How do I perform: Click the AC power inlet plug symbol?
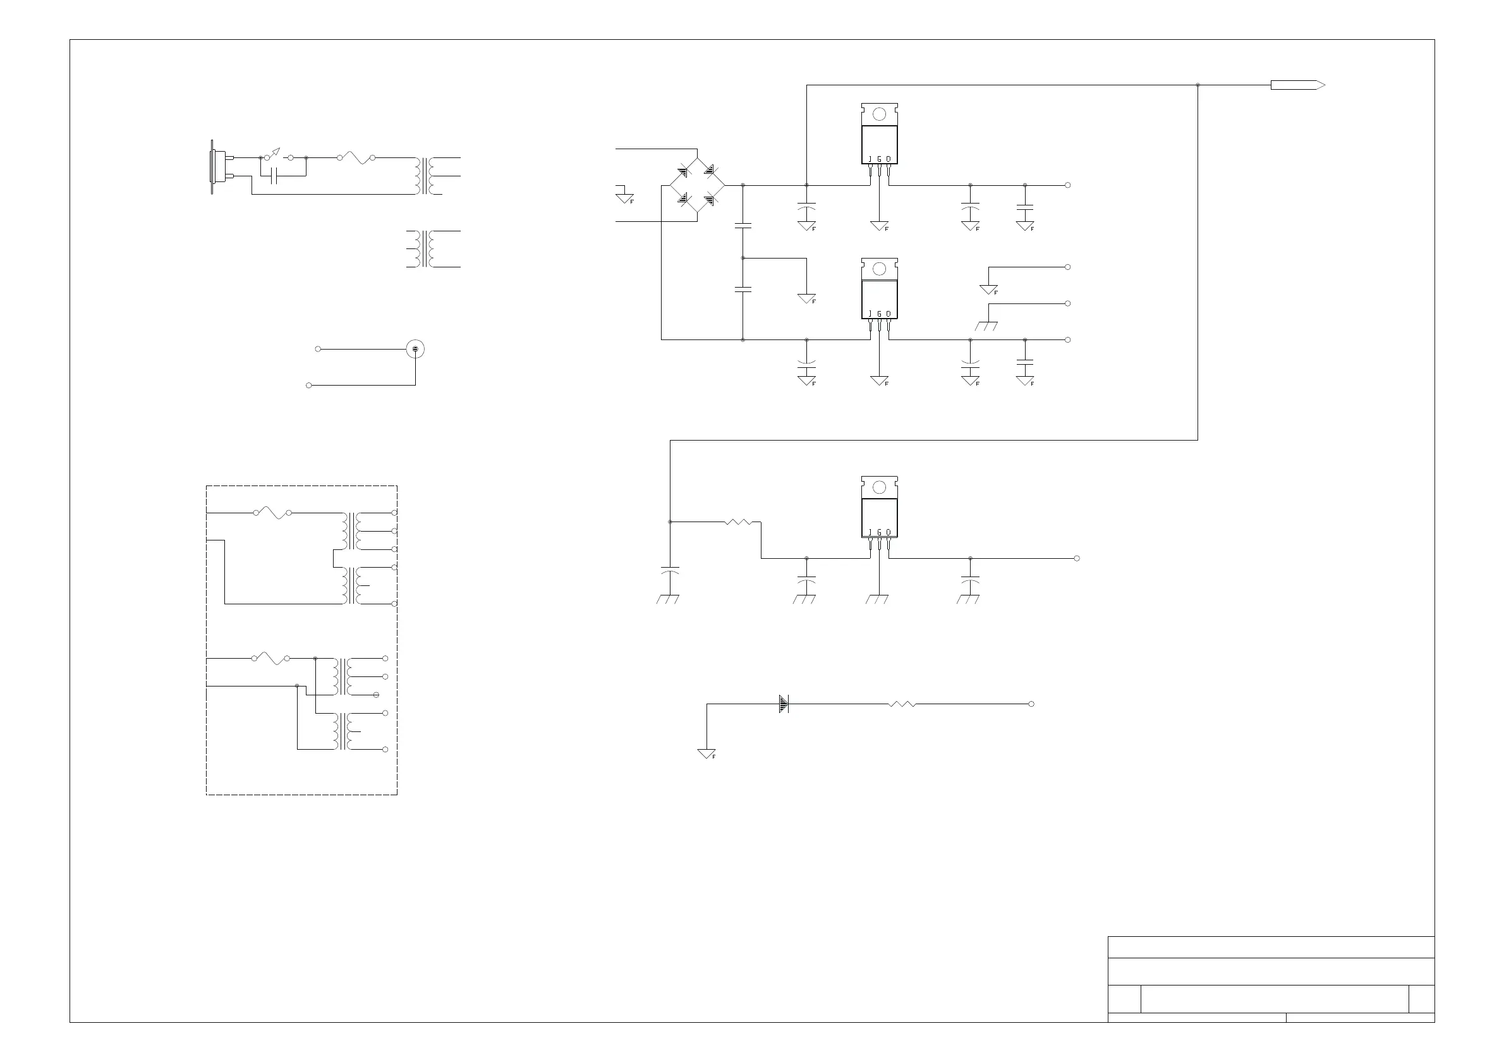[219, 166]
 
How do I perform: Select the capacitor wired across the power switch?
[275, 176]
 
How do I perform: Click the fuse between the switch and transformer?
[356, 158]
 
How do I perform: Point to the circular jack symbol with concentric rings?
[415, 349]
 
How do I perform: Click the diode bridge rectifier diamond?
[696, 185]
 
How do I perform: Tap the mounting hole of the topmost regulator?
[879, 114]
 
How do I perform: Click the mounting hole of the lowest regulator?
[879, 487]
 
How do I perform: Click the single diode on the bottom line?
[784, 704]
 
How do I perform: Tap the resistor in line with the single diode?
[902, 704]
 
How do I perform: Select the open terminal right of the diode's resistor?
[1031, 704]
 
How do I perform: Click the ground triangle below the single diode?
[707, 754]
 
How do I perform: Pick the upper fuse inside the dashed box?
[272, 512]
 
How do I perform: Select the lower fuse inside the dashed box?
[271, 658]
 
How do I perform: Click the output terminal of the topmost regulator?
[1068, 185]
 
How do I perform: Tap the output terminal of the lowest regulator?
[1077, 559]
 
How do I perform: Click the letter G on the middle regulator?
[879, 314]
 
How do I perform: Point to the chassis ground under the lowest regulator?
[876, 599]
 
